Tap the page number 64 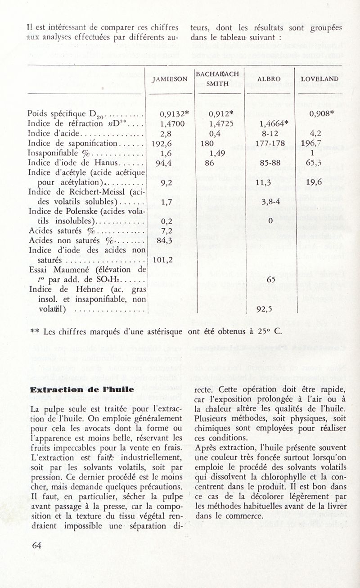coord(36,545)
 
